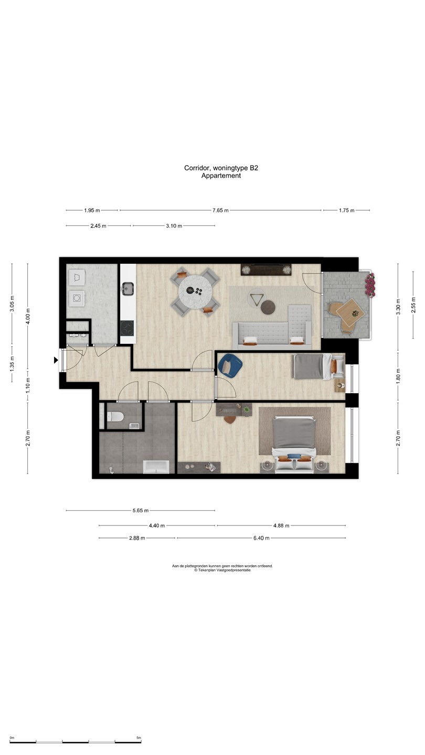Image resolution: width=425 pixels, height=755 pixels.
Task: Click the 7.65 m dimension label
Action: pyautogui.click(x=220, y=210)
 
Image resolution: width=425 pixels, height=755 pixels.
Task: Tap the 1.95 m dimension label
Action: pyautogui.click(x=92, y=210)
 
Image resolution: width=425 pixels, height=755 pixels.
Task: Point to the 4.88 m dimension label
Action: pyautogui.click(x=281, y=525)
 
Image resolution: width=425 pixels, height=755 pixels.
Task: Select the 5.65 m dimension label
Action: pyautogui.click(x=140, y=510)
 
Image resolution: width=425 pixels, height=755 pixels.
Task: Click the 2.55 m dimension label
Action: pyautogui.click(x=413, y=305)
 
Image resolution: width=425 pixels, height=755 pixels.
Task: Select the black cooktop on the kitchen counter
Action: pyautogui.click(x=127, y=328)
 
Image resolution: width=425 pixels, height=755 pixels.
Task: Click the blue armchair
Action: pyautogui.click(x=230, y=364)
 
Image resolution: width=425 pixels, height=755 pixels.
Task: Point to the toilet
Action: pyautogui.click(x=115, y=417)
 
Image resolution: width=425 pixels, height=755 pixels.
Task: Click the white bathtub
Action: pyautogui.click(x=156, y=467)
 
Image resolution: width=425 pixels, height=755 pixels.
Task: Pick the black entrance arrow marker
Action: pyautogui.click(x=56, y=360)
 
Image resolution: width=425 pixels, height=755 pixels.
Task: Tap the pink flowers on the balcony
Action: pyautogui.click(x=370, y=285)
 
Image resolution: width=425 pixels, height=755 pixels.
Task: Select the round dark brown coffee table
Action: pyautogui.click(x=268, y=307)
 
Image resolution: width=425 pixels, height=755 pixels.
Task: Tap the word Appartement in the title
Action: pyautogui.click(x=221, y=176)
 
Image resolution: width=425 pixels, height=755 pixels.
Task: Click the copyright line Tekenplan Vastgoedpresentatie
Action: pyautogui.click(x=222, y=570)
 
